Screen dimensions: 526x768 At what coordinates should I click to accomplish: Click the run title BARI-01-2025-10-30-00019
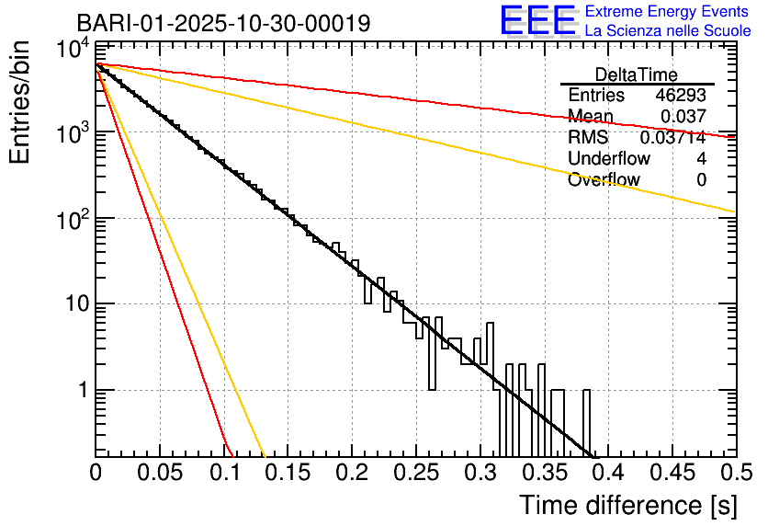pyautogui.click(x=223, y=23)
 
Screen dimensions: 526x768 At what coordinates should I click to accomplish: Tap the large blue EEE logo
pyautogui.click(x=537, y=21)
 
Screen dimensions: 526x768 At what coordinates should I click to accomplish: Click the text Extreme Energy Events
pyautogui.click(x=668, y=12)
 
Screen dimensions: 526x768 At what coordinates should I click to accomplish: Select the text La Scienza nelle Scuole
pyautogui.click(x=668, y=31)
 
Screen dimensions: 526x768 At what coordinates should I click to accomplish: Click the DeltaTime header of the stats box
pyautogui.click(x=636, y=74)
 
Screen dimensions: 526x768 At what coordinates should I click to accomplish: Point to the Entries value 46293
pyautogui.click(x=681, y=96)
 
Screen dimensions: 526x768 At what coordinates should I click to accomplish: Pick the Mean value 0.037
pyautogui.click(x=683, y=117)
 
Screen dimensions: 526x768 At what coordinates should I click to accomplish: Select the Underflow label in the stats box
pyautogui.click(x=609, y=159)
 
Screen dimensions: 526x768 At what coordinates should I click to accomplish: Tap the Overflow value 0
pyautogui.click(x=701, y=180)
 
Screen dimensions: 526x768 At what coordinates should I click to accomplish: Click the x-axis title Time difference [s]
pyautogui.click(x=627, y=505)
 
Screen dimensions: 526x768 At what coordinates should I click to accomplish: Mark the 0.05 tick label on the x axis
pyautogui.click(x=160, y=473)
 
